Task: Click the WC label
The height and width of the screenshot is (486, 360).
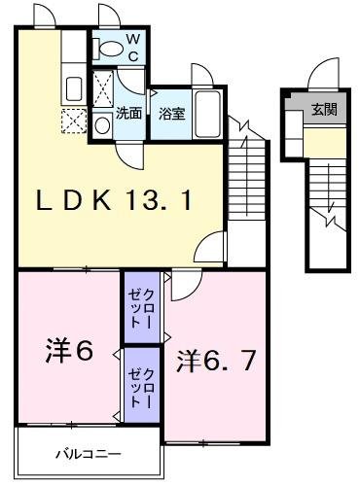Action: (132, 47)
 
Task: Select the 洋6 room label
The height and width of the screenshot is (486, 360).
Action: (68, 351)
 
